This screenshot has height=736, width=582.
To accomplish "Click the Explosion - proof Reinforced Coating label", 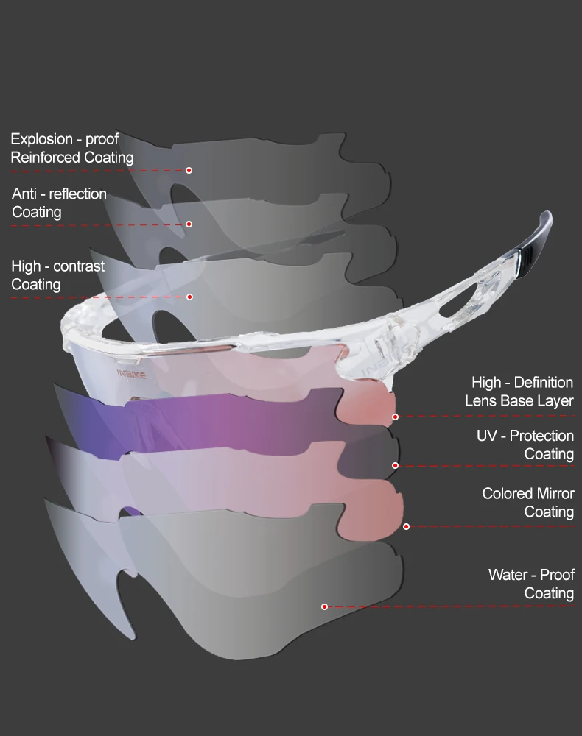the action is point(71,148).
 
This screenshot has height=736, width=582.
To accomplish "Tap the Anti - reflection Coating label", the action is point(59,203).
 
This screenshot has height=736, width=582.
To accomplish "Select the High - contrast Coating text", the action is point(57,275).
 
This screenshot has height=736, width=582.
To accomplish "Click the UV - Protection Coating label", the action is point(525,445).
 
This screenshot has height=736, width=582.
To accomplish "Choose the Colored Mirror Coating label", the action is point(528,502).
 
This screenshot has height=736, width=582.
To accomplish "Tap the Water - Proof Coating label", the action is point(531,584).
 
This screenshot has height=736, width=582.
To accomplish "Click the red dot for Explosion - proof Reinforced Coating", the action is point(189,170).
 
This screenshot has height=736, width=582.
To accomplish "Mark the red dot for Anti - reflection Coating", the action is point(189,224).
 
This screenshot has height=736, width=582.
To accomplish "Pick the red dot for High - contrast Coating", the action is point(189,297).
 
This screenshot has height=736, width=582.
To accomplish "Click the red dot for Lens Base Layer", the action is point(395,417).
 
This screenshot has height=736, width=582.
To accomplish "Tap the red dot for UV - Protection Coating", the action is point(395,466).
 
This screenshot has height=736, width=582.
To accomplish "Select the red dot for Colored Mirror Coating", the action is point(406,526).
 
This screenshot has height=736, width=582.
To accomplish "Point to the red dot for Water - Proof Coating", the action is point(324,606).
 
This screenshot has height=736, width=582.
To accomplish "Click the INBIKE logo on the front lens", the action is point(132,374).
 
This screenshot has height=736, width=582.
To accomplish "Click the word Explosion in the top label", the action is point(42,139).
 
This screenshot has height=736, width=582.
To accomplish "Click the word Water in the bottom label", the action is point(507,574).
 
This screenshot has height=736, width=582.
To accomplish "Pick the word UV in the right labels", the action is point(487,436).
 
